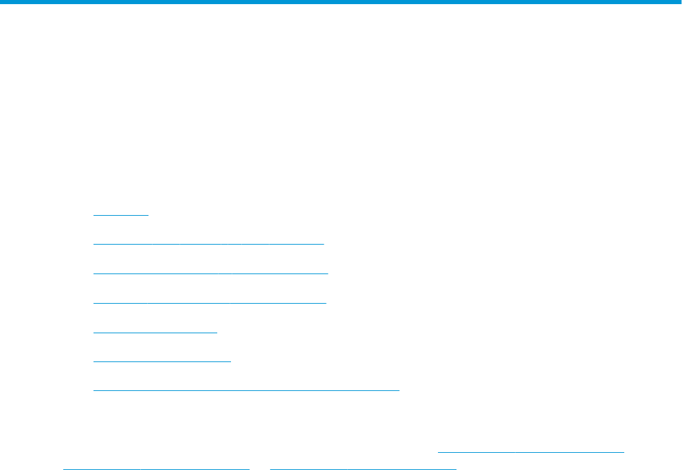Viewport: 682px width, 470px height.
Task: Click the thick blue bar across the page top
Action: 341,2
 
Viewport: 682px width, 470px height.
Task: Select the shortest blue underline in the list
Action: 121,215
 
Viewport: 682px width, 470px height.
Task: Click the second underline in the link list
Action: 208,243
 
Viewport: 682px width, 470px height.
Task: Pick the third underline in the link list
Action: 210,273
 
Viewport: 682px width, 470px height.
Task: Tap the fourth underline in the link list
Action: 210,302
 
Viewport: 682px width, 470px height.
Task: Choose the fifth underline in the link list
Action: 155,331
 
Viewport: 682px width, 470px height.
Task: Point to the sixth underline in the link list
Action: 162,360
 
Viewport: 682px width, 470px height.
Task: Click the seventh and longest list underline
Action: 246,389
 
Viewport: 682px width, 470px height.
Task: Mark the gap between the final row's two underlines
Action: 260,467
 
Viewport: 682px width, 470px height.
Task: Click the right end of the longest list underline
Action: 399,389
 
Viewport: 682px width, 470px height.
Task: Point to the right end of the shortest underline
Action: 148,215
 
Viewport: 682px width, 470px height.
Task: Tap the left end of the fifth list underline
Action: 93,331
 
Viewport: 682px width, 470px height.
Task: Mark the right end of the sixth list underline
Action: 231,360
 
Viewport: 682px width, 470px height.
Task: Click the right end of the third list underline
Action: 328,273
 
